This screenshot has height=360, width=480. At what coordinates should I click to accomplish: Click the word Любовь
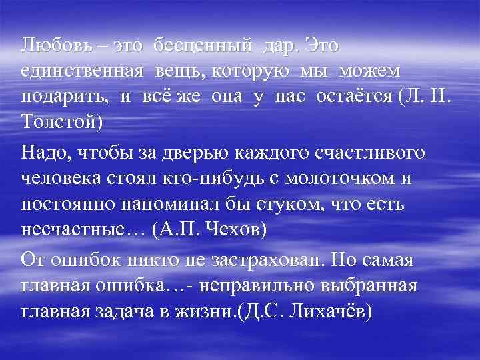pyautogui.click(x=51, y=46)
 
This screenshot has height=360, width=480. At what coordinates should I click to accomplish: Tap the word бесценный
pyautogui.click(x=203, y=46)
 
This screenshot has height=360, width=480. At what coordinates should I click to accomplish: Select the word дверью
pyautogui.click(x=195, y=154)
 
